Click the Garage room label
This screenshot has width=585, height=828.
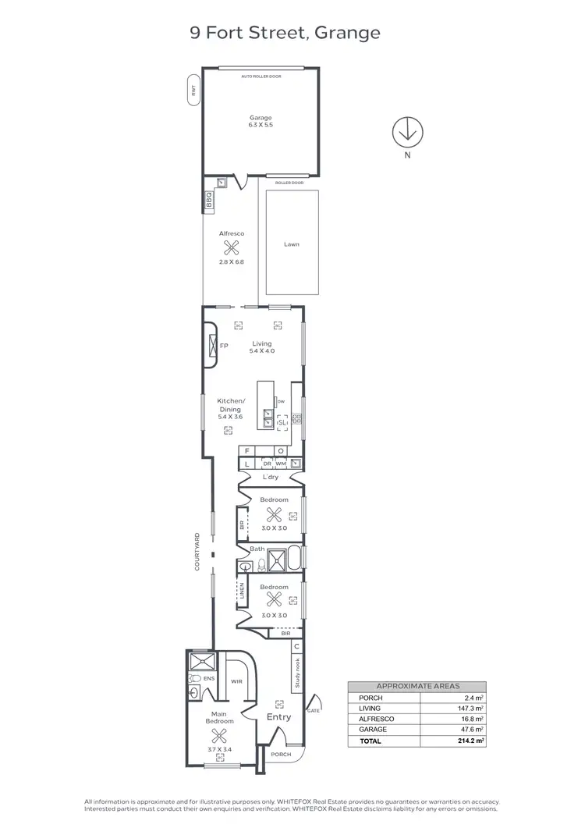click(x=261, y=118)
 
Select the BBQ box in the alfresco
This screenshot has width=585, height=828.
click(x=209, y=201)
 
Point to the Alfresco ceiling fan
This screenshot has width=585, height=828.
click(x=231, y=248)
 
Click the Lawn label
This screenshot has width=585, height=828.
click(x=292, y=244)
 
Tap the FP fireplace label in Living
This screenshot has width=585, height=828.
click(x=224, y=346)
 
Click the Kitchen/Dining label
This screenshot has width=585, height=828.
click(x=230, y=405)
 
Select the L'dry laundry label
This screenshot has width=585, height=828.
click(x=271, y=477)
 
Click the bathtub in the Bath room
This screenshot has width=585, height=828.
click(x=296, y=560)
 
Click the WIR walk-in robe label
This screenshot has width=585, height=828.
click(x=236, y=681)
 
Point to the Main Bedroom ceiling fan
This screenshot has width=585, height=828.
click(x=218, y=735)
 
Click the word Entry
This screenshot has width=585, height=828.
click(x=278, y=717)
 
